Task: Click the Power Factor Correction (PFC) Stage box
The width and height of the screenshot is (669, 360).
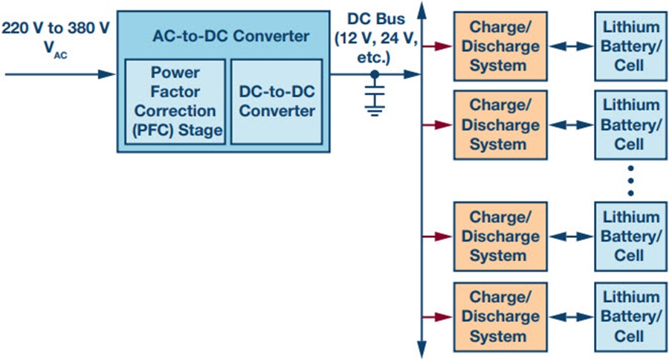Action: tap(175, 102)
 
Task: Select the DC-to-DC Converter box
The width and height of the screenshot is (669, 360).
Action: tap(277, 102)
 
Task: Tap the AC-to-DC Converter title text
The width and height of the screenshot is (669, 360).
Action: tap(231, 36)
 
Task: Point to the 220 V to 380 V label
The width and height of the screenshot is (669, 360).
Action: tap(56, 28)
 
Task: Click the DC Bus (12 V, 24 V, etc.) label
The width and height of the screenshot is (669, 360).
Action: tap(376, 38)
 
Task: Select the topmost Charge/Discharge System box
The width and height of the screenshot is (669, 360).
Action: tap(500, 46)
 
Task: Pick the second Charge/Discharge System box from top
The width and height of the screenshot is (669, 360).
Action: tap(500, 125)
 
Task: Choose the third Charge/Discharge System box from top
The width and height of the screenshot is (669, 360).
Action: tap(500, 237)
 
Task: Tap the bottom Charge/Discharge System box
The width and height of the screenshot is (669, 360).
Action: tap(500, 317)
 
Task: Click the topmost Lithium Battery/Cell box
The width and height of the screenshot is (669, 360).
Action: tap(630, 46)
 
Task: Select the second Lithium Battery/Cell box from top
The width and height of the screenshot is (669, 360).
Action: tap(630, 125)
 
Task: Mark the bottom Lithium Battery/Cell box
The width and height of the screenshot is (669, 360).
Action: tap(630, 317)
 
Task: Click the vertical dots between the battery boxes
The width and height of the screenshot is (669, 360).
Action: tap(630, 181)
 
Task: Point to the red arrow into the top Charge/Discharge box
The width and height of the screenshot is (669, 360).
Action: tap(438, 46)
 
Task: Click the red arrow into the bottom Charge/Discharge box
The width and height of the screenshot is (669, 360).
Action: tap(438, 317)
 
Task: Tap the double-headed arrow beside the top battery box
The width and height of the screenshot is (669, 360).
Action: tap(571, 46)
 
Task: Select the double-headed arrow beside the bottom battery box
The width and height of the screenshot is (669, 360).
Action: tap(571, 317)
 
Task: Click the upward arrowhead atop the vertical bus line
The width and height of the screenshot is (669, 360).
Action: tap(422, 10)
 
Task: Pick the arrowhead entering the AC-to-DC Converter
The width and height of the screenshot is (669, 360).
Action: tap(107, 74)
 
